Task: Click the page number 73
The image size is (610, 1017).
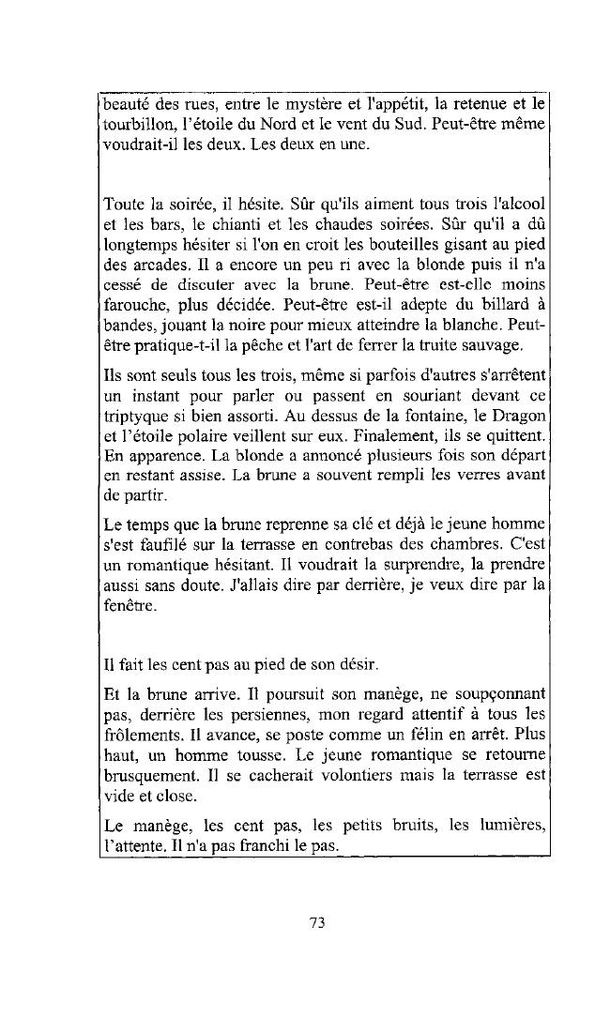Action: [x=316, y=922]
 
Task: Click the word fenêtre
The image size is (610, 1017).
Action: [x=125, y=607]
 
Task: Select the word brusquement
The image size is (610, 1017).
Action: [x=149, y=777]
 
